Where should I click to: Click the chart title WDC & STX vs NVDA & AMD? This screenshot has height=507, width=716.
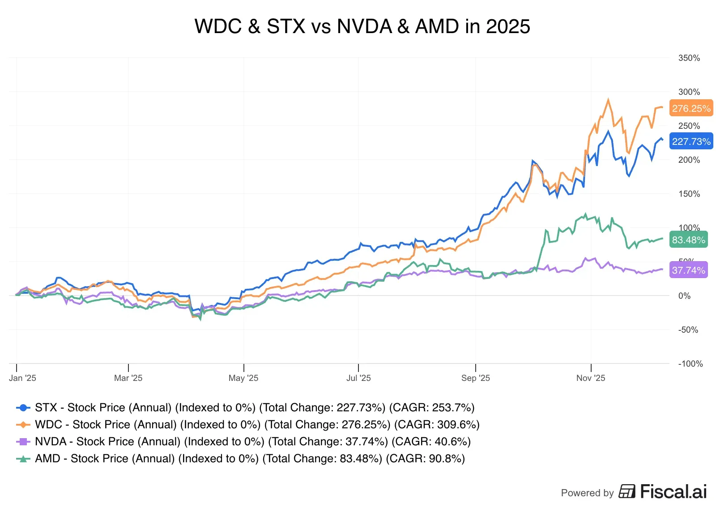pyautogui.click(x=362, y=26)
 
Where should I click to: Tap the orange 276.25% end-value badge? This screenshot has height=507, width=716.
pyautogui.click(x=691, y=108)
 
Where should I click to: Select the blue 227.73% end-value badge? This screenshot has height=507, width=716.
pyautogui.click(x=691, y=141)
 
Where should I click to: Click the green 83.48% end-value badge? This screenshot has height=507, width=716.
pyautogui.click(x=688, y=240)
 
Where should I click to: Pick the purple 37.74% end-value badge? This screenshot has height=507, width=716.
pyautogui.click(x=688, y=270)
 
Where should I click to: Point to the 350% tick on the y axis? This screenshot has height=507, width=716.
pyautogui.click(x=689, y=58)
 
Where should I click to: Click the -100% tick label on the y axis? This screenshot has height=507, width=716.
pyautogui.click(x=690, y=363)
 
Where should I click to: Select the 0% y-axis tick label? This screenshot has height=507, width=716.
pyautogui.click(x=684, y=296)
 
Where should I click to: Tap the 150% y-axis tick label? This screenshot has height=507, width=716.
pyautogui.click(x=689, y=194)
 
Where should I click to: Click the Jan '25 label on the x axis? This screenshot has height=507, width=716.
pyautogui.click(x=22, y=378)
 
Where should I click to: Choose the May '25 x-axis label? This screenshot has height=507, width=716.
pyautogui.click(x=243, y=378)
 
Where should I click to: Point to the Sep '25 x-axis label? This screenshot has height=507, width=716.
pyautogui.click(x=475, y=378)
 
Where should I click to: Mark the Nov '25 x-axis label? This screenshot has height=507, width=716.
pyautogui.click(x=590, y=378)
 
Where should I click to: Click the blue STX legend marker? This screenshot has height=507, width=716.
pyautogui.click(x=23, y=407)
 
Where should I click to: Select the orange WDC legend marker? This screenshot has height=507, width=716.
pyautogui.click(x=23, y=424)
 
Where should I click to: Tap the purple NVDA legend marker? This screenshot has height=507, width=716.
pyautogui.click(x=23, y=441)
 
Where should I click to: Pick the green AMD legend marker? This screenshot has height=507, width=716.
pyautogui.click(x=23, y=458)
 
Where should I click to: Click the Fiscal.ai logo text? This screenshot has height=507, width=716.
pyautogui.click(x=673, y=491)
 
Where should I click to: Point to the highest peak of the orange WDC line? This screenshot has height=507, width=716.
pyautogui.click(x=608, y=100)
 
